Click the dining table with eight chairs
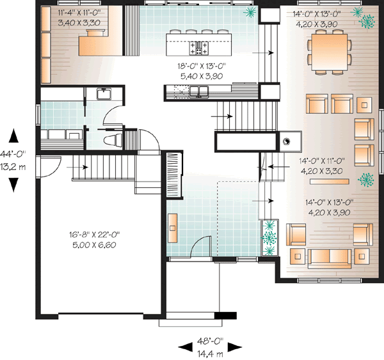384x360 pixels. pos(330,50)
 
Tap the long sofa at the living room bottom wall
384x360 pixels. pos(330,257)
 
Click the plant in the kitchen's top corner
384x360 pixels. pos(250,13)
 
